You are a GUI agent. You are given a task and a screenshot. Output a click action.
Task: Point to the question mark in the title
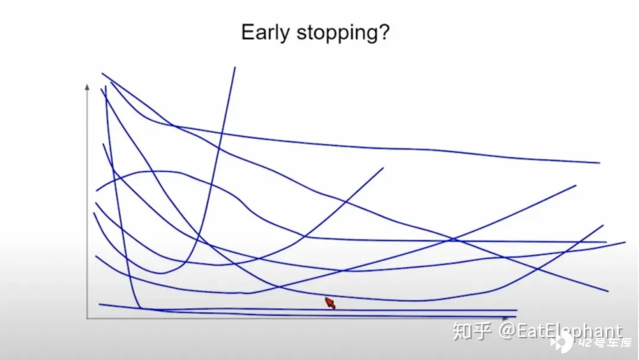(385, 32)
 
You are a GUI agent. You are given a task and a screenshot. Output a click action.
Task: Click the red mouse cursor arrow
(330, 303)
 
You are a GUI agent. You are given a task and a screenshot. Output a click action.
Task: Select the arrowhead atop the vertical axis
(87, 87)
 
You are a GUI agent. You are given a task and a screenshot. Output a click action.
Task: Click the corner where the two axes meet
(87, 318)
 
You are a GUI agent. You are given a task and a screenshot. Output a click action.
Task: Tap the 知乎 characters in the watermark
(472, 331)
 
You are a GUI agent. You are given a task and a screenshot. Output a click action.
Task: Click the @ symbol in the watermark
(507, 331)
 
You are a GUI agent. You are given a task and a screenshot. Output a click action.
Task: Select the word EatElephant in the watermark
(569, 331)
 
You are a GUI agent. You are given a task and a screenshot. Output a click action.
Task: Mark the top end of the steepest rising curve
(235, 67)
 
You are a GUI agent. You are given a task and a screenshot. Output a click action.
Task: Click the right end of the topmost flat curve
(599, 163)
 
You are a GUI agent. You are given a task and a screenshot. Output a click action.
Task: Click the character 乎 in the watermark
(482, 331)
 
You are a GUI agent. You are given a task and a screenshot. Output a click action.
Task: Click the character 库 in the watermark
(625, 343)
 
